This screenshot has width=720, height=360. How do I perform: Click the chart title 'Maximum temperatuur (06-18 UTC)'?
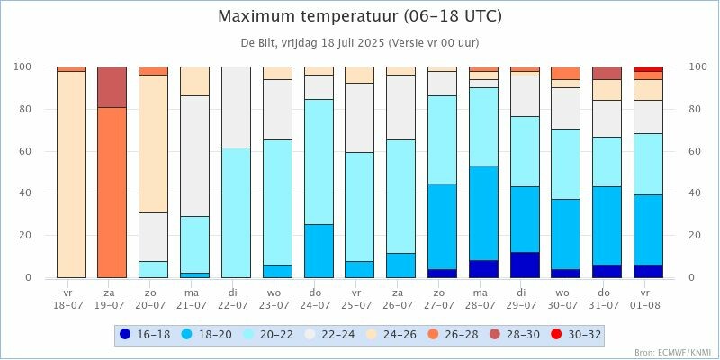360,17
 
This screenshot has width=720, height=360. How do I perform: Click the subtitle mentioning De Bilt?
360,43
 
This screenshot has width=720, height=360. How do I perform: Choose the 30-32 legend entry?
576,335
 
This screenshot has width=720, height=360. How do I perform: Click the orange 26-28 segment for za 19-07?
112,193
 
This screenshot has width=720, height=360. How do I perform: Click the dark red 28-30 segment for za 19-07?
112,86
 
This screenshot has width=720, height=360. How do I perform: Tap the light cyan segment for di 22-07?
236,212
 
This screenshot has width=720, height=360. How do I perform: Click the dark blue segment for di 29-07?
524,265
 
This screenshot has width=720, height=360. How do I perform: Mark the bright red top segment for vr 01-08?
648,68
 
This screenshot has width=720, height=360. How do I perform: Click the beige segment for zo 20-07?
153,144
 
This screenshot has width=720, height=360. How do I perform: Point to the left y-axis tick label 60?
24,151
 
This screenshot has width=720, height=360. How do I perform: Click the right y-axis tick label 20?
695,235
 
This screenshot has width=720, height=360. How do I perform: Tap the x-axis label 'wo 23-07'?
276,299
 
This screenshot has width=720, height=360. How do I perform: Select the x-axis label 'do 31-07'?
607,299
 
